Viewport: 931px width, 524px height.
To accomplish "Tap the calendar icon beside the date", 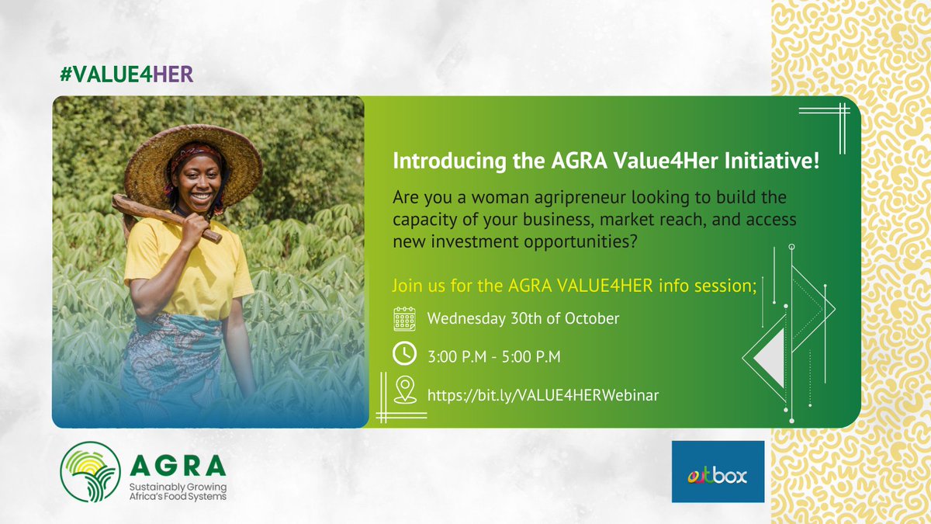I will [404, 319].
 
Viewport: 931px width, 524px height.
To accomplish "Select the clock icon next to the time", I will [404, 354].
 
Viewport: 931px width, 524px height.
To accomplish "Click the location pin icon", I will [404, 389].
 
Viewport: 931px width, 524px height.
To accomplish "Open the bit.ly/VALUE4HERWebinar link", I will [543, 395].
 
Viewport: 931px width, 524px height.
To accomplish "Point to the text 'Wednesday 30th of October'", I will [523, 318].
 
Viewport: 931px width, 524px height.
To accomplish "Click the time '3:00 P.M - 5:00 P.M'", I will [494, 356].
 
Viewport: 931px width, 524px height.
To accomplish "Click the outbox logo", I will [718, 471].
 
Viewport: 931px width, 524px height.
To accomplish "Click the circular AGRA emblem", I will [91, 472].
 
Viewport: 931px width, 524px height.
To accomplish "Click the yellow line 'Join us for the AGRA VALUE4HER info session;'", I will [575, 285].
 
